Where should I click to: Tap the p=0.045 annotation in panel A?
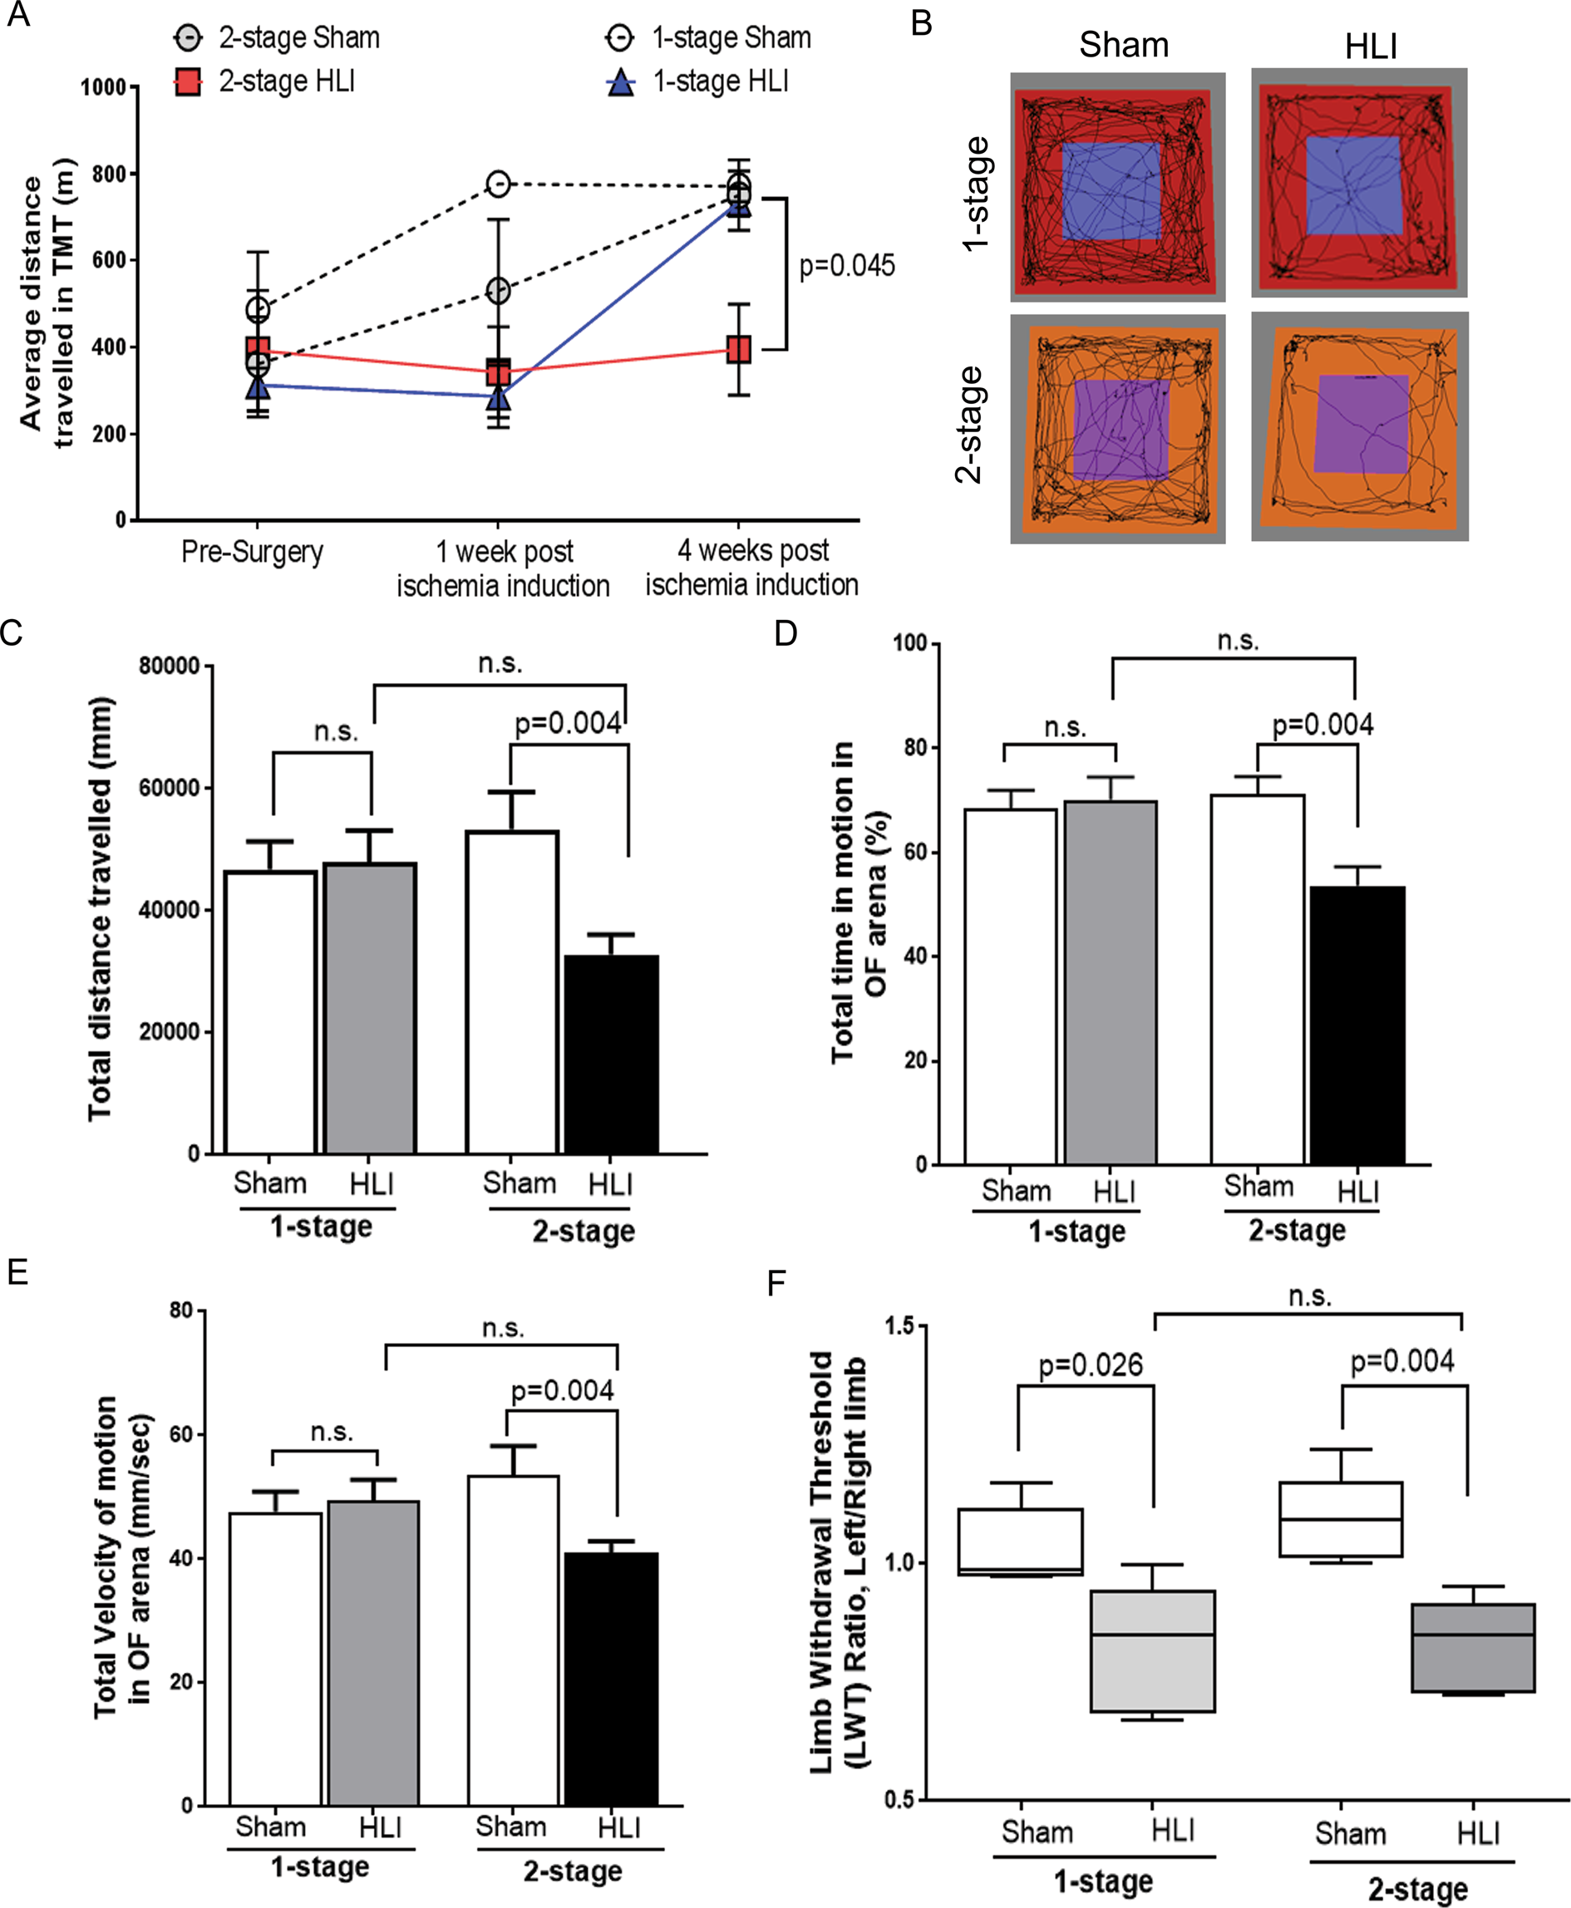pyautogui.click(x=846, y=266)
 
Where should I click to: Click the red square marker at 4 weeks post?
pyautogui.click(x=738, y=349)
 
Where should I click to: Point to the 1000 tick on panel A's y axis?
pyautogui.click(x=103, y=88)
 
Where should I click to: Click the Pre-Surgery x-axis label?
pyautogui.click(x=252, y=552)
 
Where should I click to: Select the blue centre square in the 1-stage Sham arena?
pyautogui.click(x=1111, y=191)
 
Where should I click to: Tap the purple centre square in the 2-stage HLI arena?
pyautogui.click(x=1361, y=423)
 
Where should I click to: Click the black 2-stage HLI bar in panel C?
pyautogui.click(x=611, y=1054)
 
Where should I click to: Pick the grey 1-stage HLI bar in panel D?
pyautogui.click(x=1111, y=981)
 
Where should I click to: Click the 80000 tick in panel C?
pyautogui.click(x=170, y=666)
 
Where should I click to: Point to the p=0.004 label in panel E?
pyautogui.click(x=562, y=1390)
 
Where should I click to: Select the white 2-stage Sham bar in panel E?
pyautogui.click(x=513, y=1640)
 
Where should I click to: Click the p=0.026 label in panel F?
pyautogui.click(x=1091, y=1365)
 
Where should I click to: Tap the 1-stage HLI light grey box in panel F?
pyautogui.click(x=1152, y=1650)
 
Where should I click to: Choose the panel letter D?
pyautogui.click(x=785, y=633)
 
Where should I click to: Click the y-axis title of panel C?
pyautogui.click(x=101, y=909)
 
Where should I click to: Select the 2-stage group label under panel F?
pyautogui.click(x=1417, y=1889)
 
